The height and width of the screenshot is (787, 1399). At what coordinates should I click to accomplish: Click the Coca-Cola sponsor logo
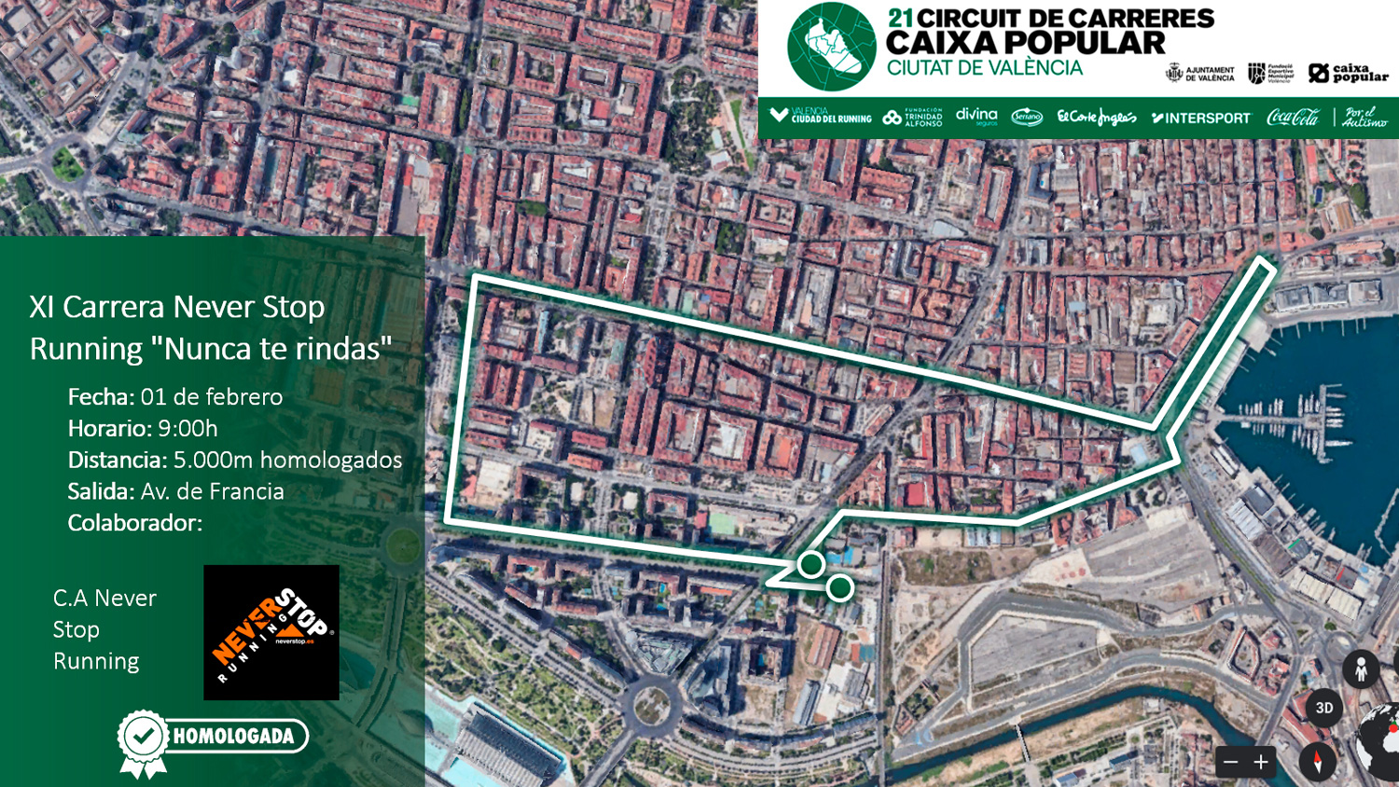pos(1293,117)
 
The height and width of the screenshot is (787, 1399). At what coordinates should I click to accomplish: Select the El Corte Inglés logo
pos(1096,117)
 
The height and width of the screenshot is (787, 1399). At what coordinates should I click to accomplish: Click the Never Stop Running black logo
pos(271,632)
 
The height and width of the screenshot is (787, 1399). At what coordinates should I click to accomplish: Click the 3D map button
pos(1323,708)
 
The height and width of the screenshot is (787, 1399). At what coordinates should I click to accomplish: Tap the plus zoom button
pos(1261,762)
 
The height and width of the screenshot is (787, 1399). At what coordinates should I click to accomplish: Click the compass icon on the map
pos(1317,762)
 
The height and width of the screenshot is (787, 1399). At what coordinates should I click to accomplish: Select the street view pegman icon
pos(1361,670)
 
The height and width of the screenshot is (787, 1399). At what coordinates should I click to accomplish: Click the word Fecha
pos(101,397)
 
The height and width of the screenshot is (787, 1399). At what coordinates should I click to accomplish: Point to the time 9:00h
pos(187,429)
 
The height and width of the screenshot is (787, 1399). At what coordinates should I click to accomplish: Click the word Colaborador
pos(134,523)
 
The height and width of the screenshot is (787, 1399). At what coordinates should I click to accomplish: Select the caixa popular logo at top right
pos(1348,73)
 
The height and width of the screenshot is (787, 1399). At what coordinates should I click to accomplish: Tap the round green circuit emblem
pos(831,47)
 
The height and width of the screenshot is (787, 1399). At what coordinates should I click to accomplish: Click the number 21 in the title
pos(899,19)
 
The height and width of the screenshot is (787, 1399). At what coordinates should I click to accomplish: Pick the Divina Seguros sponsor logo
pos(977,117)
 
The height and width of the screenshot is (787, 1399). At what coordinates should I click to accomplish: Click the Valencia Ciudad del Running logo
pos(821,117)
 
